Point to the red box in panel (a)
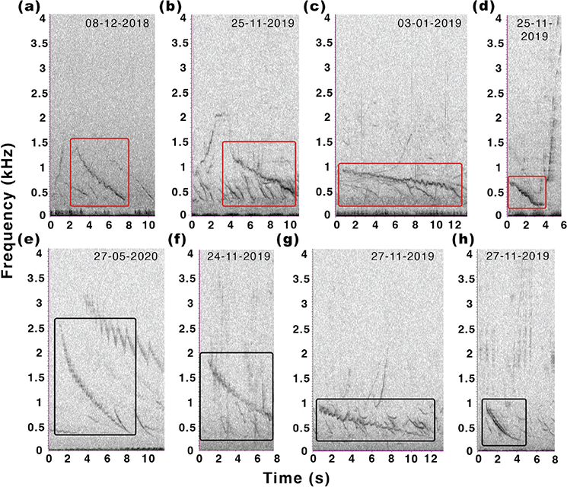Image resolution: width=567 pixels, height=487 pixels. click(99, 172)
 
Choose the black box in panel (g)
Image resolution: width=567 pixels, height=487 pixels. click(375, 420)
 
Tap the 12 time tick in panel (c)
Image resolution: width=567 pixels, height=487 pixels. click(455, 227)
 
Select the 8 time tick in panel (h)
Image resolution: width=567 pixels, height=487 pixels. click(556, 460)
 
